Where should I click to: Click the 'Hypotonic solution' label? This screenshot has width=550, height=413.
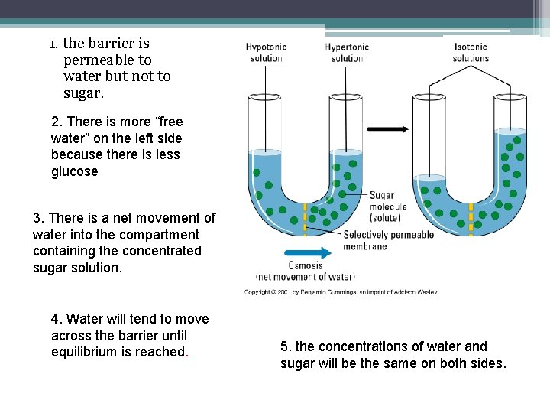point(266,53)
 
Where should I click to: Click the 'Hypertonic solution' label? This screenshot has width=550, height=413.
point(347,53)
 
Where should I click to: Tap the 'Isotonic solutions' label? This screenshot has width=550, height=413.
point(471,53)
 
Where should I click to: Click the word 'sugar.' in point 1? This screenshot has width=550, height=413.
point(83,94)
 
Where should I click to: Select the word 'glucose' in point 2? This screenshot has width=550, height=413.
point(75,171)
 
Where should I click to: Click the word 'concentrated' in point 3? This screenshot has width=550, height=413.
point(165,251)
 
